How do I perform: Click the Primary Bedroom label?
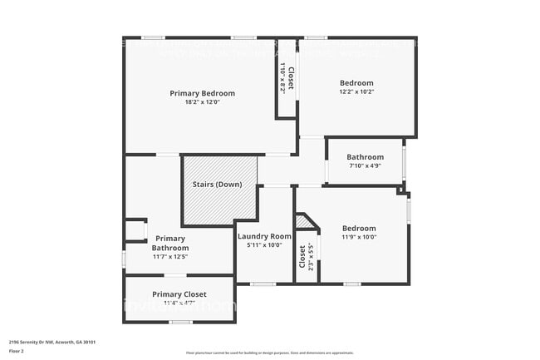[202, 93]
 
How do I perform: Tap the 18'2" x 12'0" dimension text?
[202, 102]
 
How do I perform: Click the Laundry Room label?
[264, 236]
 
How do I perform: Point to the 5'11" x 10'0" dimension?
[264, 245]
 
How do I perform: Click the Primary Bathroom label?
[169, 243]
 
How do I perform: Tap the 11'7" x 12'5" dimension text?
[169, 257]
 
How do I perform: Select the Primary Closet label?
[179, 294]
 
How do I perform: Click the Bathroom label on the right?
[365, 156]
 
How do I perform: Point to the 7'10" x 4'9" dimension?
[365, 165]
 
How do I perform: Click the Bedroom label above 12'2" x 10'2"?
[356, 83]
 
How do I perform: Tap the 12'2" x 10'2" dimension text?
[356, 92]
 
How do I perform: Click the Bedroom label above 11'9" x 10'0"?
[359, 228]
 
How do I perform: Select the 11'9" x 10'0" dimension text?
[359, 237]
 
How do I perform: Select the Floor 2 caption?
[17, 351]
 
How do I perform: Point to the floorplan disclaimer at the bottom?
[258, 353]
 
